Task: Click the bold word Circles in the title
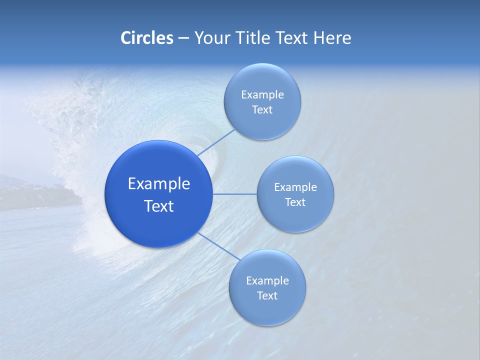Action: pyautogui.click(x=146, y=38)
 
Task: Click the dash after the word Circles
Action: pyautogui.click(x=183, y=38)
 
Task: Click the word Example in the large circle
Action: pyautogui.click(x=159, y=184)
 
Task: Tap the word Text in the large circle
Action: pyautogui.click(x=159, y=206)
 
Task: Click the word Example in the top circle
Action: pyautogui.click(x=262, y=95)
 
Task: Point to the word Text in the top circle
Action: pyautogui.click(x=262, y=110)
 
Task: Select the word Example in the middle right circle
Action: pyautogui.click(x=295, y=187)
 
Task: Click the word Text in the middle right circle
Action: pyautogui.click(x=295, y=202)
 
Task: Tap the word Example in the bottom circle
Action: pyautogui.click(x=267, y=281)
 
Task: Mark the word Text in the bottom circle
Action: pyautogui.click(x=267, y=296)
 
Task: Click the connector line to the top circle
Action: pyautogui.click(x=216, y=142)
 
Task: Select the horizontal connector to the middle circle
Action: pyautogui.click(x=234, y=194)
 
